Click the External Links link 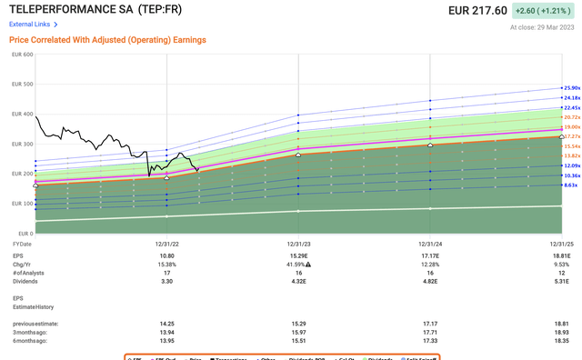click(30, 25)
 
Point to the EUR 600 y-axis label click(21, 55)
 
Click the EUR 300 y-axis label click(21, 144)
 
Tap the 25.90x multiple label click(570, 87)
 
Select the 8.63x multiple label click(570, 185)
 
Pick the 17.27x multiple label click(570, 135)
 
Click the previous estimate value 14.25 click(166, 321)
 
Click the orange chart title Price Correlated click(107, 40)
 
